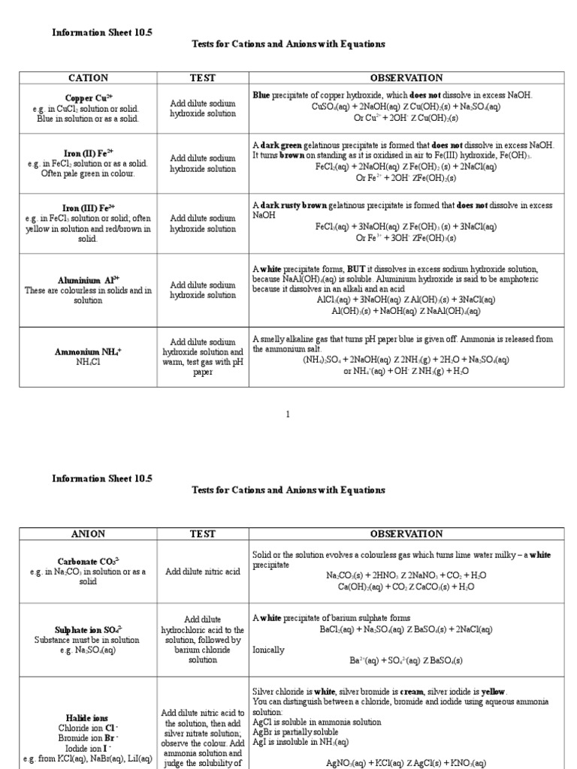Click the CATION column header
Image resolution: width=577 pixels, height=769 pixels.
tap(89, 78)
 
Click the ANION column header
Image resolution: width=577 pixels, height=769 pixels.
tap(89, 534)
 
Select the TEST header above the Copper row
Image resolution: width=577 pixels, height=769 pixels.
tap(203, 78)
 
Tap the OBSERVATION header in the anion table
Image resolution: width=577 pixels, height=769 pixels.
tap(406, 534)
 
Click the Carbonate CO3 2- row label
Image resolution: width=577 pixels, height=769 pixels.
tap(89, 561)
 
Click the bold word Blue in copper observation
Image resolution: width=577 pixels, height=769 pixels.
tap(261, 95)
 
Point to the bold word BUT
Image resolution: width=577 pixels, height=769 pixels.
tap(356, 268)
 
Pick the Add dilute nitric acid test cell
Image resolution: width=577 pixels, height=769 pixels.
tap(203, 571)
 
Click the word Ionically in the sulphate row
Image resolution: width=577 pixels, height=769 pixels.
tap(268, 650)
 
